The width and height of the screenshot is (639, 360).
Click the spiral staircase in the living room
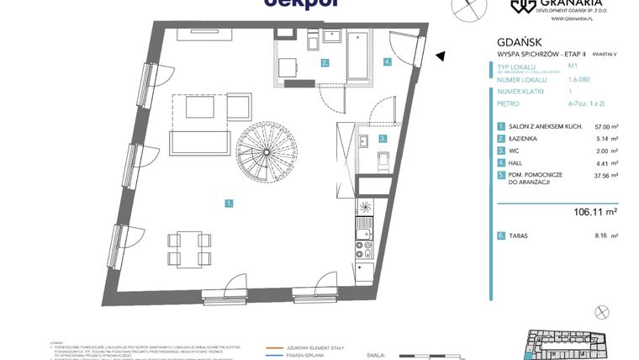coord(263,151)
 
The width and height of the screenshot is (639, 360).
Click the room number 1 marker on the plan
coord(229,203)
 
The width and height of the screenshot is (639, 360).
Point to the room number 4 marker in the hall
coord(388,61)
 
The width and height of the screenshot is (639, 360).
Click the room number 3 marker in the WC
coord(382,139)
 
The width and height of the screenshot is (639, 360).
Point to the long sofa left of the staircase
coord(200,144)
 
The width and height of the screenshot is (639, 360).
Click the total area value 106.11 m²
coord(593,213)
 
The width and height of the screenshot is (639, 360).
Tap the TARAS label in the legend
coord(518,237)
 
